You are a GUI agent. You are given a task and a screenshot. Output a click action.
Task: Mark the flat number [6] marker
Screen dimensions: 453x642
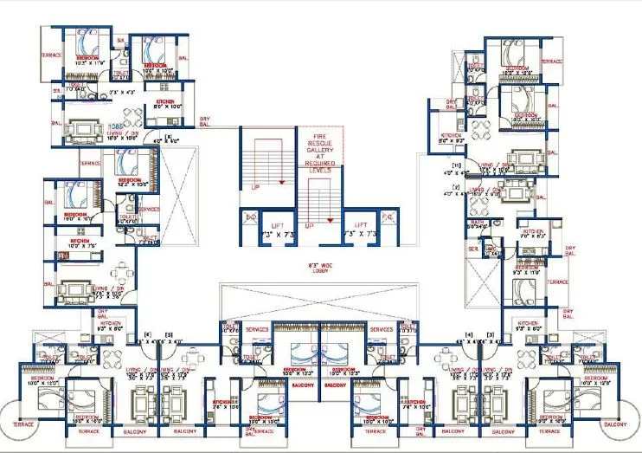147,334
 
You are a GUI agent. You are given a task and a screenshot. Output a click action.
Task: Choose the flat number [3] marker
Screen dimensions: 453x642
490,334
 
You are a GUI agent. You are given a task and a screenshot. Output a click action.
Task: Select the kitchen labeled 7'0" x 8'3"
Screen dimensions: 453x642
530,233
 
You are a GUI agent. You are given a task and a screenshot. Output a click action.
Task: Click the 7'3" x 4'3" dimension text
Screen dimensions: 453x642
123,91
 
